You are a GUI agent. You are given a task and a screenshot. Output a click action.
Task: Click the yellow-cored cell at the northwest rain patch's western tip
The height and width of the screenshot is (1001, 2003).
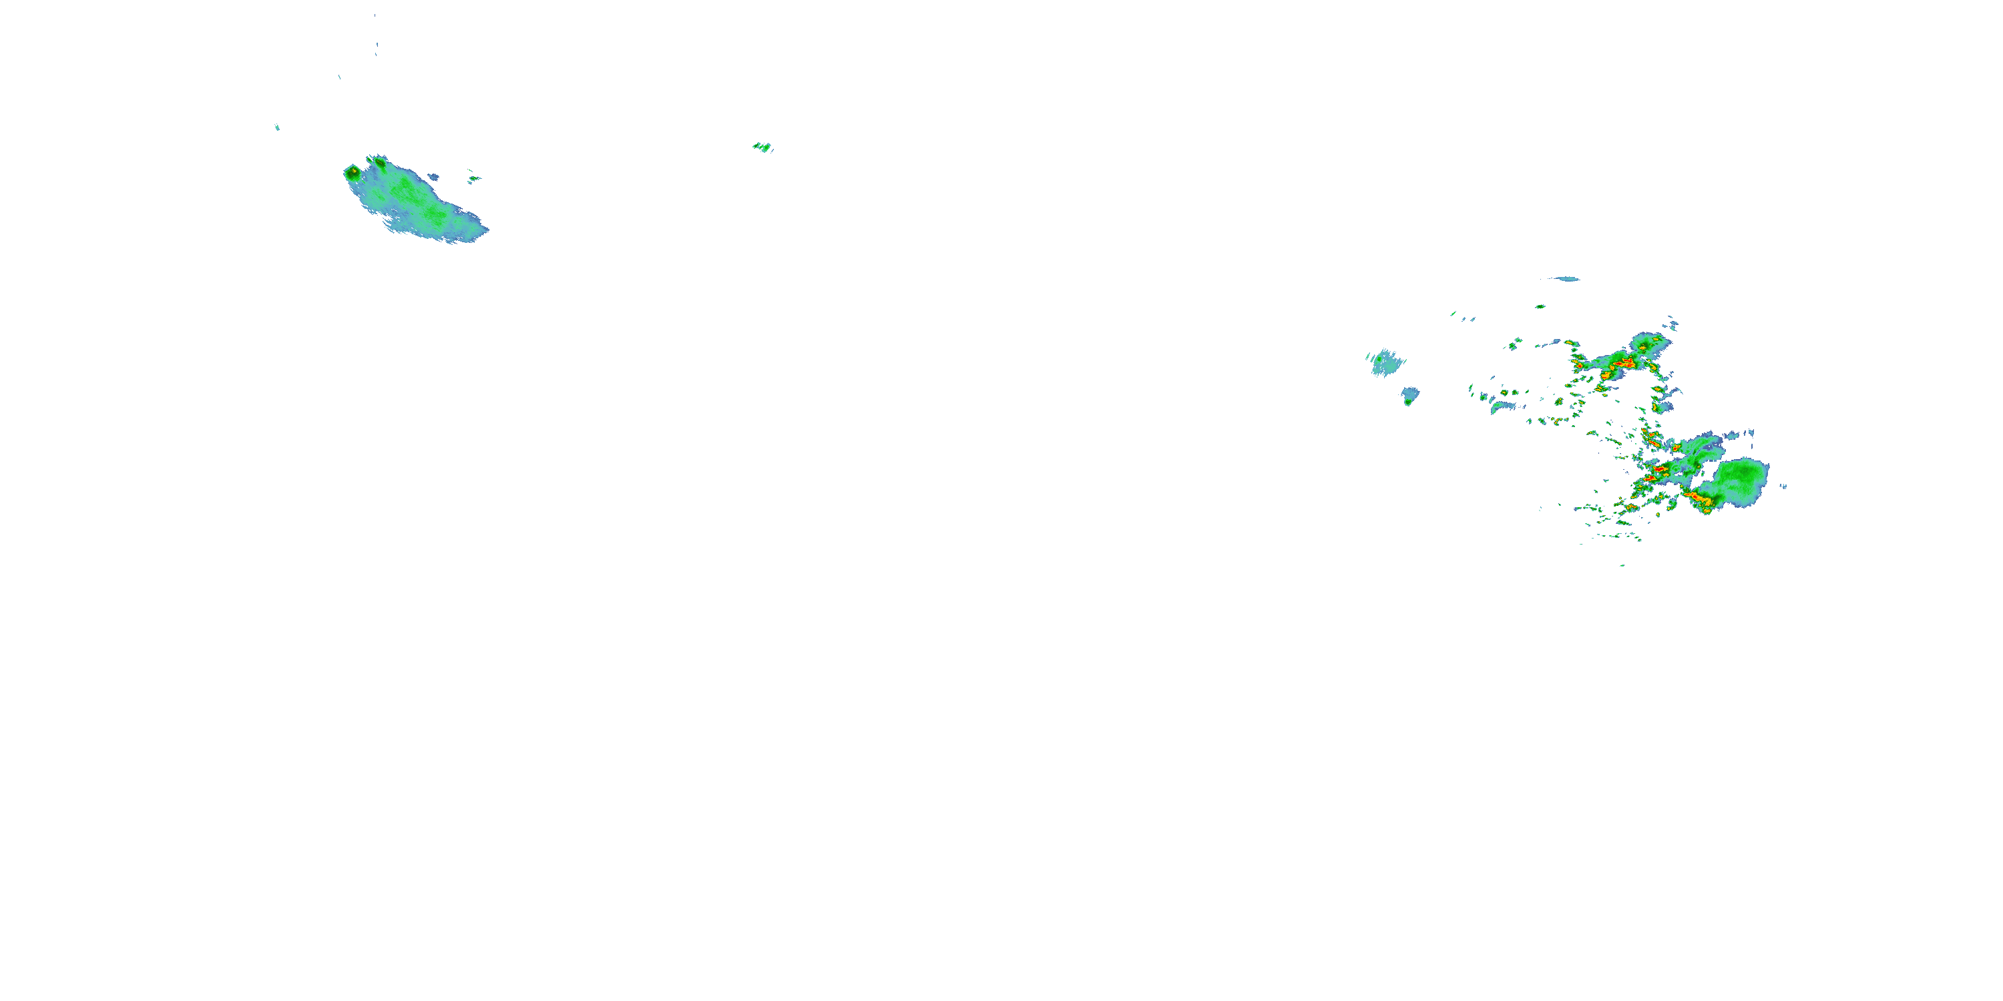[x=353, y=170]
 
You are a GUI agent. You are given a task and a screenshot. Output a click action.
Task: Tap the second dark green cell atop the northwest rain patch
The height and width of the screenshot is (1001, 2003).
[x=380, y=161]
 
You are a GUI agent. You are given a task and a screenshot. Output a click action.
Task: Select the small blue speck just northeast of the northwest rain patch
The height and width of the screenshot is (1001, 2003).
[x=433, y=176]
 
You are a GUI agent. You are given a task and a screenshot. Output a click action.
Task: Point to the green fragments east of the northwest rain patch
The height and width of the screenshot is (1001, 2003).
[x=473, y=179]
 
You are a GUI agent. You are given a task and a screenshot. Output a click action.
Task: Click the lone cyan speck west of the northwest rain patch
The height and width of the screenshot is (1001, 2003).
[x=277, y=127]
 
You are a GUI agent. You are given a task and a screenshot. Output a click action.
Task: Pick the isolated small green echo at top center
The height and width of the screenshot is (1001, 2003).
[x=762, y=147]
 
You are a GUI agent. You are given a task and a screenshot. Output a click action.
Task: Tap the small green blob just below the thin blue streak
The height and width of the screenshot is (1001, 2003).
[x=1540, y=306]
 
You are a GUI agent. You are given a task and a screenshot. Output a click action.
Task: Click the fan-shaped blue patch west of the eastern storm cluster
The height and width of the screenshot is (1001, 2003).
[x=1385, y=363]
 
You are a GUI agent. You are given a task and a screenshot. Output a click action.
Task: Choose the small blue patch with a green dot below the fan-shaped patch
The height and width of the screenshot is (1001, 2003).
[x=1409, y=396]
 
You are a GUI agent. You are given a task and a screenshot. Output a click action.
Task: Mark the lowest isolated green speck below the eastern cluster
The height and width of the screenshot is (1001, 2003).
[x=1621, y=565]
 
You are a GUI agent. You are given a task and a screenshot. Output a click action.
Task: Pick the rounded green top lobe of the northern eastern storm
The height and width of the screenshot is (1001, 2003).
[x=1647, y=342]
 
